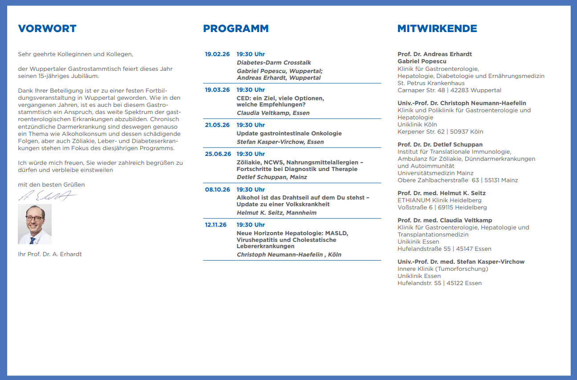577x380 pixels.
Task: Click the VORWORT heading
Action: point(47,29)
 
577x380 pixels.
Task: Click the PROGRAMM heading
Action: point(236,29)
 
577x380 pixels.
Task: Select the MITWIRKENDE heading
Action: point(437,29)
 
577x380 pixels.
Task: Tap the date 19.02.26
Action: point(217,54)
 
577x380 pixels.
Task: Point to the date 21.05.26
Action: point(217,125)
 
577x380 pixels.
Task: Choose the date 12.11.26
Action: point(216,225)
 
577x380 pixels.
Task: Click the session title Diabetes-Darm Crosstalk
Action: point(274,63)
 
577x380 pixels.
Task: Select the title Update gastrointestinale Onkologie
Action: point(289,134)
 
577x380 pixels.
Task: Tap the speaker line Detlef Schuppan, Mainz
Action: point(272,177)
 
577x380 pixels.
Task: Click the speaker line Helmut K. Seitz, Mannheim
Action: point(276,213)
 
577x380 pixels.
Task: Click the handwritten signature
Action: point(47,196)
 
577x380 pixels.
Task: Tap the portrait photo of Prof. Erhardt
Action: point(35,224)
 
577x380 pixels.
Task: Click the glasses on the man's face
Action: point(34,218)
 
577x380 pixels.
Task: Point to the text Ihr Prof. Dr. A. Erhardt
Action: point(50,254)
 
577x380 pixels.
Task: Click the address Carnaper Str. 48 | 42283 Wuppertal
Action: point(449,90)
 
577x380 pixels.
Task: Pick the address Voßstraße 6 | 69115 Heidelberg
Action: point(442,208)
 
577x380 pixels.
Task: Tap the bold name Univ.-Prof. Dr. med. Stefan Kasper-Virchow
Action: point(461,262)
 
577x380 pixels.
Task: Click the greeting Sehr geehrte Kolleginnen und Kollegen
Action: point(76,54)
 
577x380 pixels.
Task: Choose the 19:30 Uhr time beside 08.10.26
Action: point(250,190)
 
